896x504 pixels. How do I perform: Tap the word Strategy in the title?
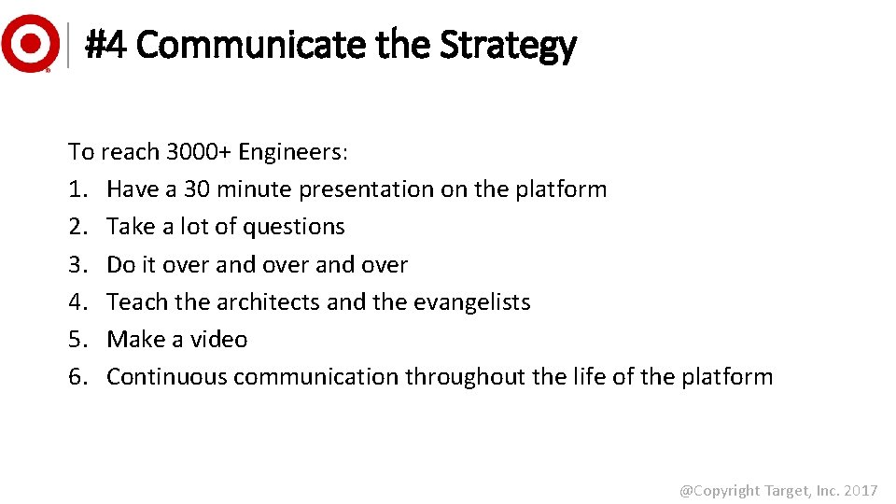pos(508,44)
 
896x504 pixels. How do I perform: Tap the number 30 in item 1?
pos(197,189)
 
